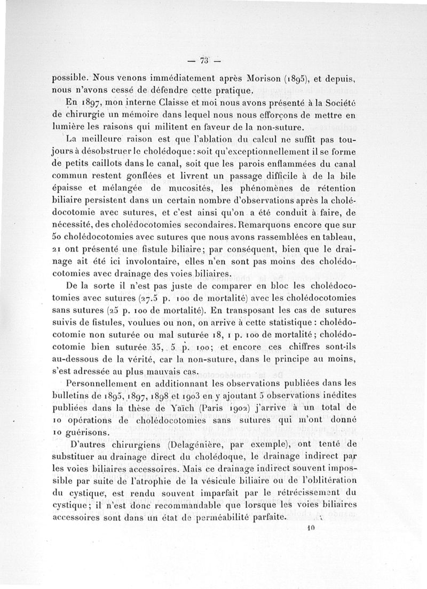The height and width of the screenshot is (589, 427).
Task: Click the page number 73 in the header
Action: point(203,59)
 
